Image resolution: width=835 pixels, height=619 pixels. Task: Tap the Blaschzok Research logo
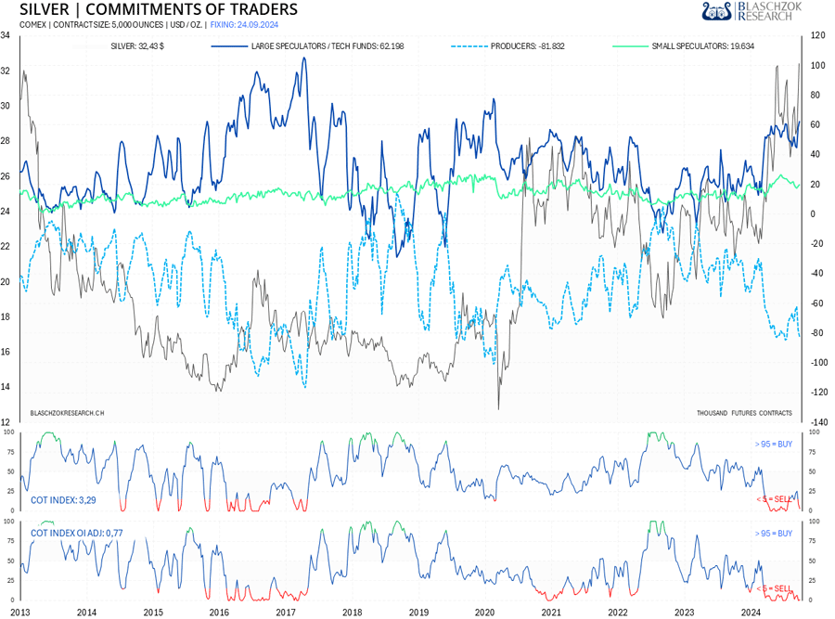point(751,11)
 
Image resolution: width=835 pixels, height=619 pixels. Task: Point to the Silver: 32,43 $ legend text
point(134,45)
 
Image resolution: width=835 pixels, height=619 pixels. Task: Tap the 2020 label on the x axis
point(484,612)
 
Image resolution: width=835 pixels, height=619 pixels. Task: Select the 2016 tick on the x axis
point(219,612)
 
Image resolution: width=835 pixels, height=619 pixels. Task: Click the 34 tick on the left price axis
point(6,35)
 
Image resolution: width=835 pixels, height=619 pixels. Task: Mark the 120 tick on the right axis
point(817,35)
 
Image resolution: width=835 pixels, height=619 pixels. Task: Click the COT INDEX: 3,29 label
point(63,499)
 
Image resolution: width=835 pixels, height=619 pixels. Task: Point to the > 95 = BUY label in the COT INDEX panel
point(773,445)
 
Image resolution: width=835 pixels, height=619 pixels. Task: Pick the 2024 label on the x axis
point(751,612)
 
